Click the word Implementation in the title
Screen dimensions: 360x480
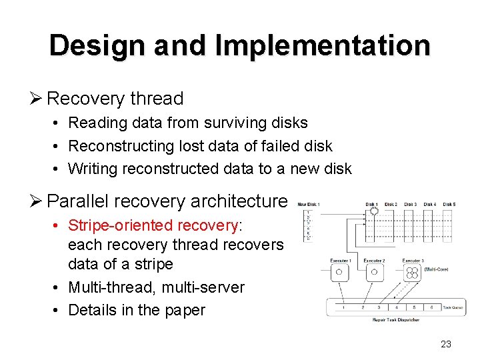pyautogui.click(x=323, y=45)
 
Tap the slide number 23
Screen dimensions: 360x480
pyautogui.click(x=446, y=344)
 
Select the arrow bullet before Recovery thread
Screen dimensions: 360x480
pyautogui.click(x=37, y=99)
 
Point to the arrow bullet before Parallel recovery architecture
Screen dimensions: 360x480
pyautogui.click(x=37, y=200)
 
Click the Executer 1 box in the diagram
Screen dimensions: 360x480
pyautogui.click(x=340, y=271)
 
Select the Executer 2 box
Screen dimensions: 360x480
pyautogui.click(x=374, y=271)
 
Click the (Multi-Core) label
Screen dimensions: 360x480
pyautogui.click(x=437, y=270)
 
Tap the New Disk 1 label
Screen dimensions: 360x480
pyautogui.click(x=308, y=204)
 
